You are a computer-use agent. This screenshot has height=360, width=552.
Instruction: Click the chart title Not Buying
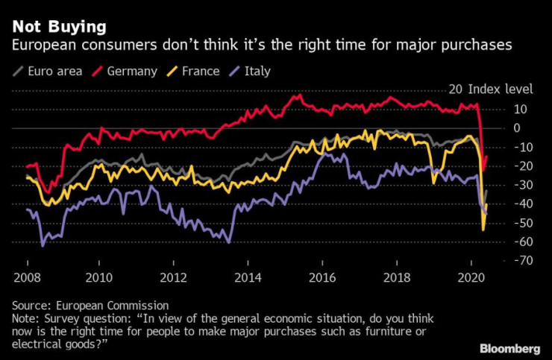pos(58,28)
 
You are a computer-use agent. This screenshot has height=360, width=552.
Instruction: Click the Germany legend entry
pos(131,72)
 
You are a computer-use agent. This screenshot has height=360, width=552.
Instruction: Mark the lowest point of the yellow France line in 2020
pos(483,230)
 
